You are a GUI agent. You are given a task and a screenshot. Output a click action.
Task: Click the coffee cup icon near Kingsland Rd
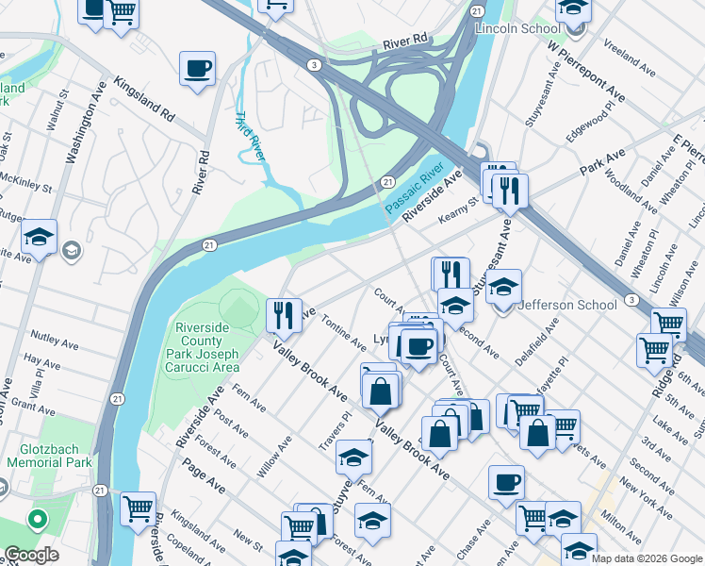pos(197,68)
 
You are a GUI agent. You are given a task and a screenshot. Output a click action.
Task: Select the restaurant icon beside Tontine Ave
pos(283,313)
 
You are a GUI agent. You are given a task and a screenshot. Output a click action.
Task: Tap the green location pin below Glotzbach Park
pos(38,519)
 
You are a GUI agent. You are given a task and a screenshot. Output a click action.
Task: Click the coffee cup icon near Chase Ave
pos(506,481)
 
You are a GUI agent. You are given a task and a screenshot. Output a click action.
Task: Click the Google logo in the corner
pos(31,554)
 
